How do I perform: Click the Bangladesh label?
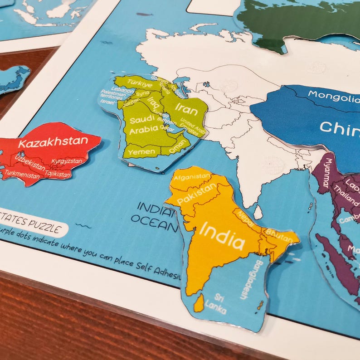(x=246, y=279)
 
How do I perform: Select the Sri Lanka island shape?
(x=199, y=303)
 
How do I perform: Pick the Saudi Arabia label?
(x=144, y=124)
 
